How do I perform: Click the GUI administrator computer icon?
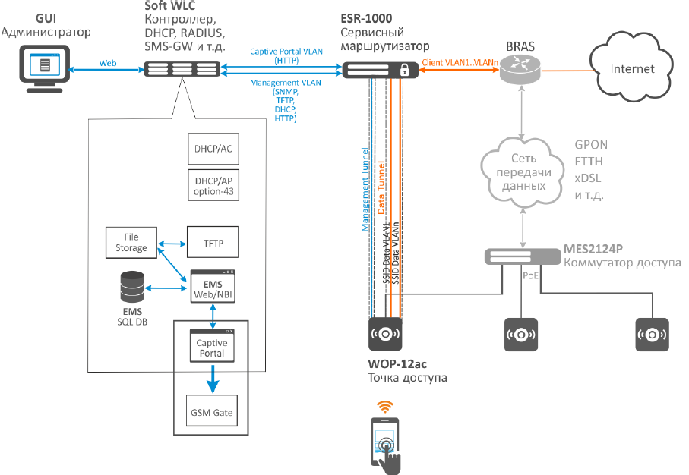[x=44, y=66]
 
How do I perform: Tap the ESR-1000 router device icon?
[x=378, y=70]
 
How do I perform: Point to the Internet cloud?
[x=632, y=68]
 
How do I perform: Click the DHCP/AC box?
[x=213, y=149]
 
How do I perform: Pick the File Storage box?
[x=132, y=241]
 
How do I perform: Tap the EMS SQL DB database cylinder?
[x=132, y=288]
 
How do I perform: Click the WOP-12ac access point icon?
[x=386, y=332]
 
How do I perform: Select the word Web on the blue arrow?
[x=107, y=64]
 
